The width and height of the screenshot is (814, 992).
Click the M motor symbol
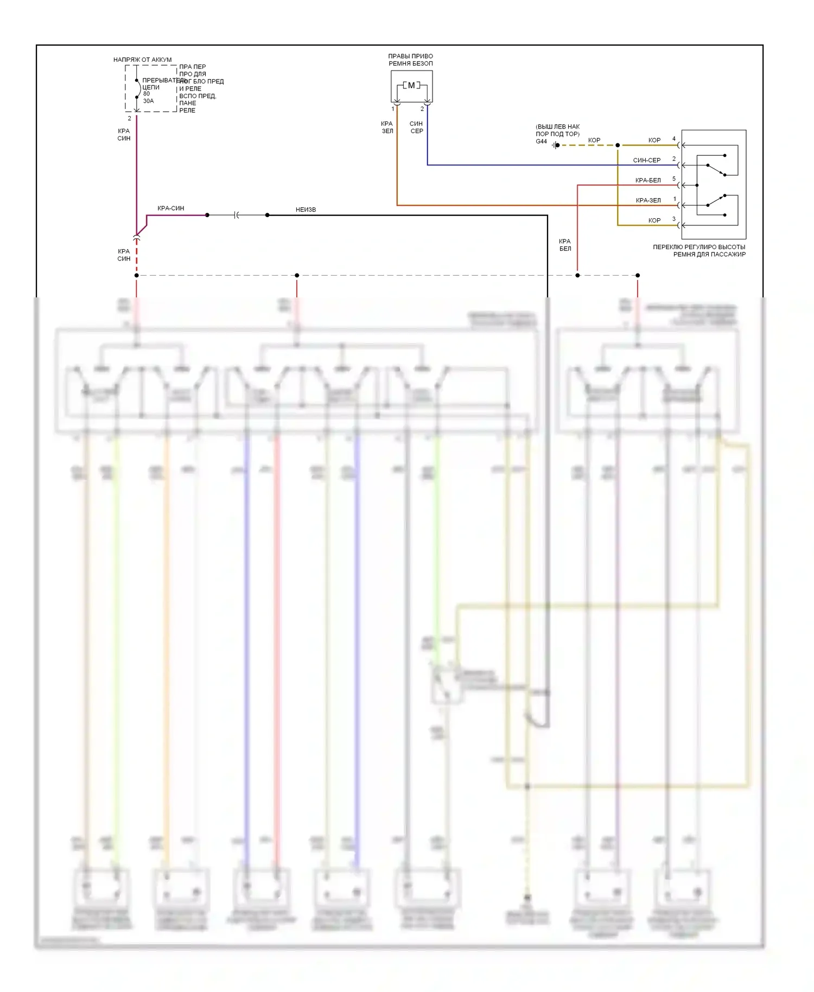pyautogui.click(x=411, y=85)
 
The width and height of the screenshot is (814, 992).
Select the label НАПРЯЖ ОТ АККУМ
pyautogui.click(x=142, y=60)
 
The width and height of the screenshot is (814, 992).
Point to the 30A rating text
pyautogui.click(x=148, y=101)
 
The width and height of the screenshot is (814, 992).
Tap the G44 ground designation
pyautogui.click(x=541, y=142)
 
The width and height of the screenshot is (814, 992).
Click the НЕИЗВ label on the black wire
pyautogui.click(x=306, y=209)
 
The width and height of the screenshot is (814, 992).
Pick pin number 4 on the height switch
pyautogui.click(x=674, y=139)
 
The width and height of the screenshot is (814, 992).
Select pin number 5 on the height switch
pyautogui.click(x=674, y=179)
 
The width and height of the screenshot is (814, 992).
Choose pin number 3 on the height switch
pyautogui.click(x=674, y=219)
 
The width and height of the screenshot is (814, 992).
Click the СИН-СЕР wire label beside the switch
pyautogui.click(x=647, y=161)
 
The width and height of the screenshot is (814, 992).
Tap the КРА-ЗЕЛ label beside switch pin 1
pyautogui.click(x=648, y=201)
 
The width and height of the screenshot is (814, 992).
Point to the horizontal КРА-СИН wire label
pyautogui.click(x=170, y=208)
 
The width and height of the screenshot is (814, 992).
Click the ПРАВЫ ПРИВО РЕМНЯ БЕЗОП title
pyautogui.click(x=411, y=60)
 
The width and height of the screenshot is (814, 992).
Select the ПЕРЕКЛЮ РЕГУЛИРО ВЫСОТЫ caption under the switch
pyautogui.click(x=699, y=251)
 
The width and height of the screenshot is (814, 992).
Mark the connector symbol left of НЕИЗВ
pyautogui.click(x=237, y=215)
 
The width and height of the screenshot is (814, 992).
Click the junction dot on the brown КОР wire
pyautogui.click(x=618, y=145)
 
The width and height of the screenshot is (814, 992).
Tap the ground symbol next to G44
pyautogui.click(x=555, y=145)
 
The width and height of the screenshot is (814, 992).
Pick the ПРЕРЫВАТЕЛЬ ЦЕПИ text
pyautogui.click(x=157, y=84)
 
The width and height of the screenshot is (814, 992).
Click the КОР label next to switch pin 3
pyautogui.click(x=654, y=221)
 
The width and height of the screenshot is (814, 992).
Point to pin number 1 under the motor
pyautogui.click(x=393, y=109)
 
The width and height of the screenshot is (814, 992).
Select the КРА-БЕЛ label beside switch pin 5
pyautogui.click(x=648, y=181)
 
